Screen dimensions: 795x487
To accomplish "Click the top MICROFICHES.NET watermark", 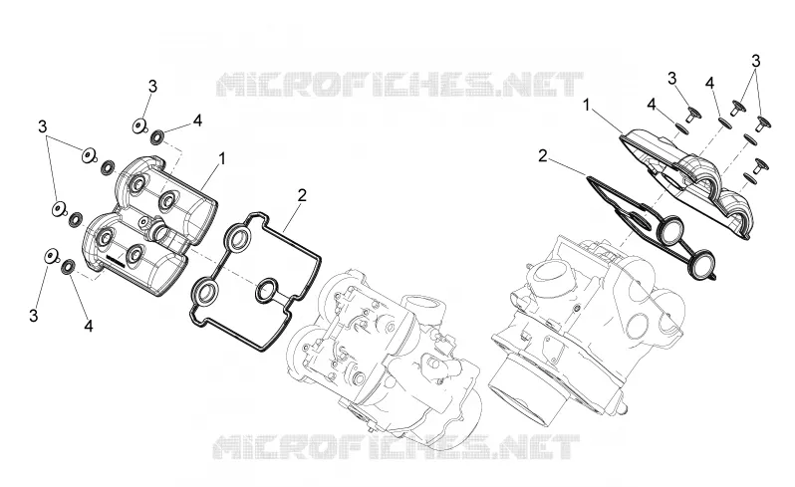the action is tap(399, 84).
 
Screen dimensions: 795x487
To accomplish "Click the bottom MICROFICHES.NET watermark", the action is tap(397, 446).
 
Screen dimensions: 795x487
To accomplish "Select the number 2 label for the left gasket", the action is tap(302, 195).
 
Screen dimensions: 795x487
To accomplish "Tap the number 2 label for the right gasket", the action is tap(543, 156).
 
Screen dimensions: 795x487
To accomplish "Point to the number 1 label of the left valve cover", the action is tap(221, 158).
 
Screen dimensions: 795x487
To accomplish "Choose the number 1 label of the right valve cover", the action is tap(587, 106).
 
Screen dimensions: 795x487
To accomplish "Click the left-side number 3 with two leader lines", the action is tap(43, 126).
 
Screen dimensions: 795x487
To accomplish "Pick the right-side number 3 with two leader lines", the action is tap(755, 62).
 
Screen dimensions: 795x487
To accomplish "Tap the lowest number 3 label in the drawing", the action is tap(34, 316).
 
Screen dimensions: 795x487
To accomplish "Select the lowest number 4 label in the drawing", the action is tap(89, 326).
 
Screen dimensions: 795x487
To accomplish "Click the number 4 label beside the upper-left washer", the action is tap(197, 121).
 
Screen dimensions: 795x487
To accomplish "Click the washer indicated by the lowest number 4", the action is tap(68, 267).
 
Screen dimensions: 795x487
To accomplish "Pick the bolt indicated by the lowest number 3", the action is tap(51, 256).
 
